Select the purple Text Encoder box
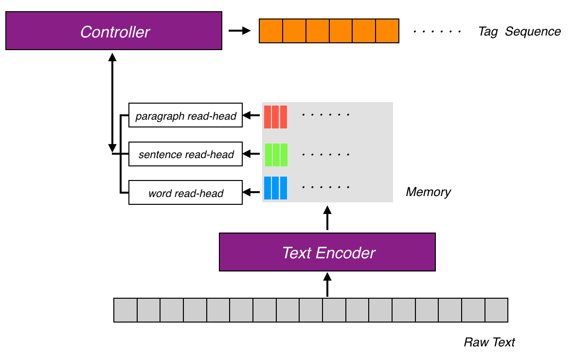[x=327, y=252]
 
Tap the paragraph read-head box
[x=185, y=115]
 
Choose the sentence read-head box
[x=185, y=154]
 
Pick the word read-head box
[x=185, y=193]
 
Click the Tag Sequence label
[x=519, y=32]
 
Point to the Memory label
[x=428, y=192]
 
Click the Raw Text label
[x=489, y=342]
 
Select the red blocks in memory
[x=275, y=117]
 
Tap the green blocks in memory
[x=276, y=155]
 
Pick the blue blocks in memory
[x=275, y=188]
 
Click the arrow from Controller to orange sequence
[x=239, y=31]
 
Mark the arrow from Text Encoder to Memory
[x=327, y=218]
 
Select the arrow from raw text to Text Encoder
[x=327, y=285]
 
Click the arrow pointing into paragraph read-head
[x=251, y=115]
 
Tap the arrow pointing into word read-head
[x=251, y=193]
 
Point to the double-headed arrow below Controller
[x=113, y=102]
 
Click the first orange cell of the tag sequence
[x=271, y=31]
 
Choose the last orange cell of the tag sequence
[x=387, y=31]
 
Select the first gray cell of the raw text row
[x=126, y=310]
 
